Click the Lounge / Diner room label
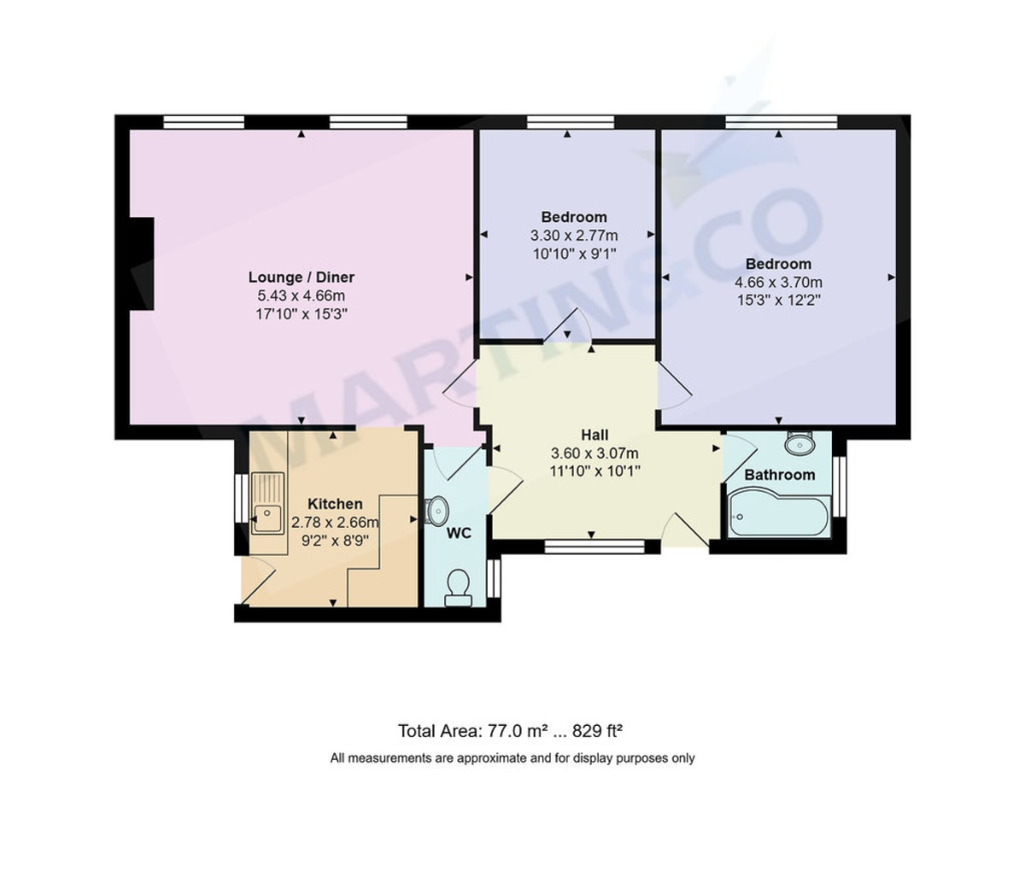(301, 277)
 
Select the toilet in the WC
(458, 587)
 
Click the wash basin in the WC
(436, 512)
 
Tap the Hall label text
(594, 435)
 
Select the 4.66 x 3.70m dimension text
(778, 283)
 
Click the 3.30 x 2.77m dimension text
(574, 235)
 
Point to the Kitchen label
(335, 504)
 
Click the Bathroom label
(779, 475)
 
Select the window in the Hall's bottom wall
(595, 546)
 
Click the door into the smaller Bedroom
(568, 325)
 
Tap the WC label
(459, 534)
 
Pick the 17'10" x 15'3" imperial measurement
(301, 314)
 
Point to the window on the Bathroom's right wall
(839, 487)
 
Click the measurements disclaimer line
(512, 757)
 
